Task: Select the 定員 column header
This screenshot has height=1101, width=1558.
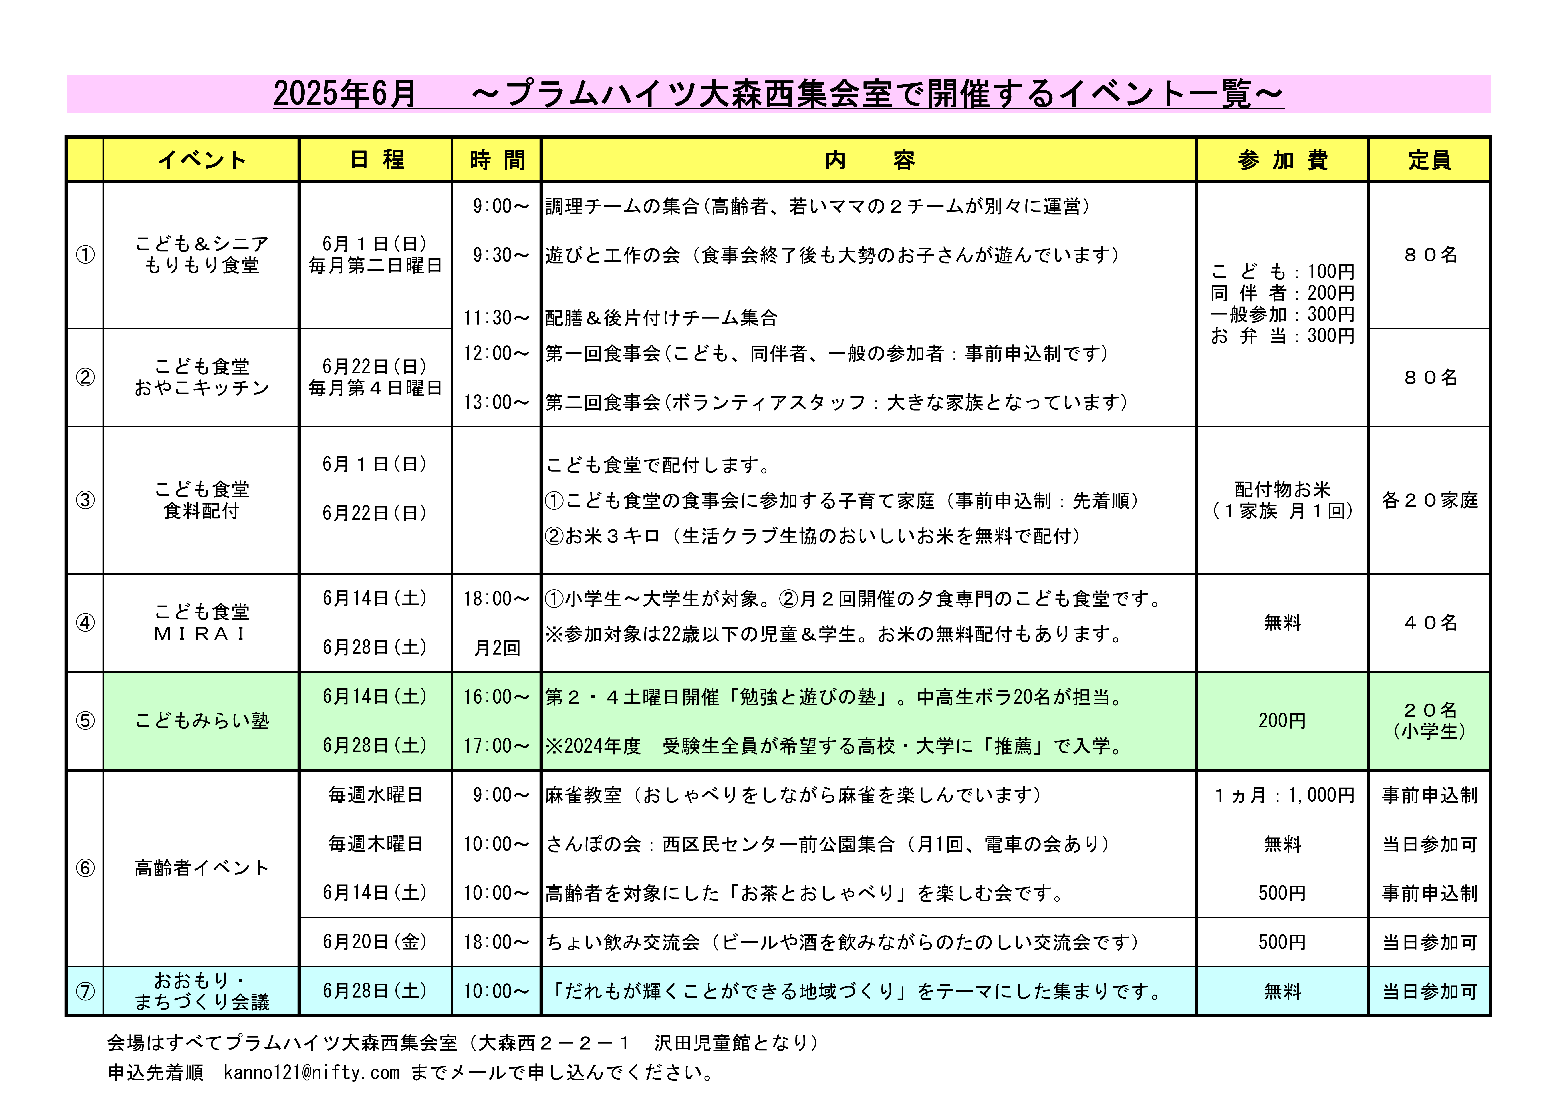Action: pyautogui.click(x=1429, y=160)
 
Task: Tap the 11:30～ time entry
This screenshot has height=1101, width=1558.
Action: pyautogui.click(x=496, y=318)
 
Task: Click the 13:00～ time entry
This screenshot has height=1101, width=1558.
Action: pyautogui.click(x=496, y=403)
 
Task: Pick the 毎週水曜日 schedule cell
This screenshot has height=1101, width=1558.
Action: pyautogui.click(x=375, y=795)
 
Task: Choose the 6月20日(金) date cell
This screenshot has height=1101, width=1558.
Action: pyautogui.click(x=375, y=942)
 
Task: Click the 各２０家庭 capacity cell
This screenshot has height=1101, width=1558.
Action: pyautogui.click(x=1429, y=500)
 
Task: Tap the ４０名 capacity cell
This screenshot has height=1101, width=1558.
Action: pyautogui.click(x=1429, y=622)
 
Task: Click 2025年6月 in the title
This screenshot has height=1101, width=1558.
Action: pyautogui.click(x=345, y=94)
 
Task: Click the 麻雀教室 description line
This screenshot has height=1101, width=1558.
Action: pyautogui.click(x=793, y=795)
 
